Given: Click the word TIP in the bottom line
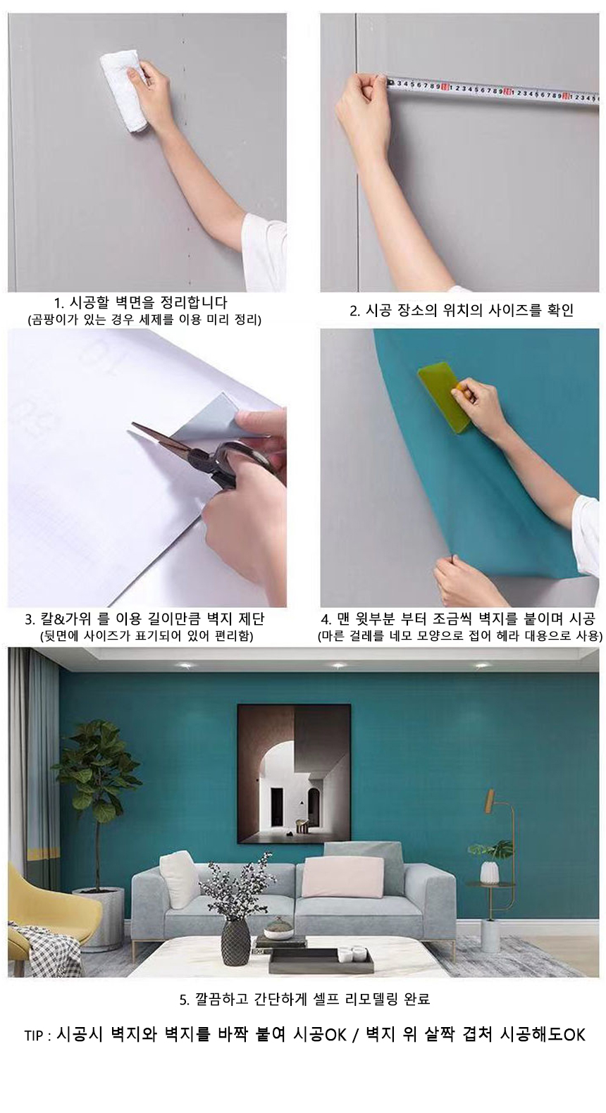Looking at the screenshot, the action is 35,1035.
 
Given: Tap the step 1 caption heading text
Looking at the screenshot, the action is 141,302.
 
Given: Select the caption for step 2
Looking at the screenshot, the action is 462,311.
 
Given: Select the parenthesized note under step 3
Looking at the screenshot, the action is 146,636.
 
